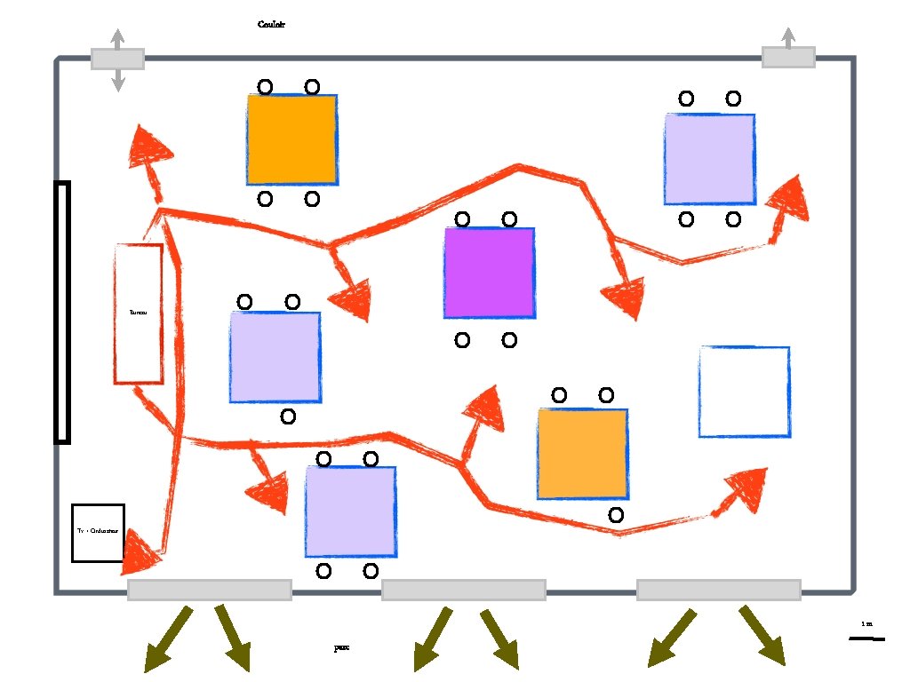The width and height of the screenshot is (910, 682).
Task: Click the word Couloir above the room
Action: (x=271, y=25)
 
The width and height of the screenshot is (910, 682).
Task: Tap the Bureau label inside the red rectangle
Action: (x=138, y=313)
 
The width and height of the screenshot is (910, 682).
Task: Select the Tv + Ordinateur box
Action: (x=98, y=533)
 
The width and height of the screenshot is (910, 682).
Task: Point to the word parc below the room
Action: (x=341, y=648)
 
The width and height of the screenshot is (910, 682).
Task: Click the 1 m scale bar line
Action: (x=866, y=638)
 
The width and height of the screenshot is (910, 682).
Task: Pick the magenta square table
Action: (x=490, y=273)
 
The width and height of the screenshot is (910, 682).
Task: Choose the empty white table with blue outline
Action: (x=744, y=392)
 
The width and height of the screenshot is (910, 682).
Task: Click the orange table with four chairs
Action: (x=292, y=139)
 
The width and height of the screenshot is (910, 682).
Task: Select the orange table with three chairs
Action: (x=582, y=454)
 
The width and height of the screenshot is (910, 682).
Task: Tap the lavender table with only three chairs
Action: (x=275, y=356)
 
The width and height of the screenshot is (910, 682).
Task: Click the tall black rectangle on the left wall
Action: (x=62, y=312)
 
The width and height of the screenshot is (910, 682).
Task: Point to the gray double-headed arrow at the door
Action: (x=117, y=59)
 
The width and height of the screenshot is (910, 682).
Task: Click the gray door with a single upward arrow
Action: (x=788, y=57)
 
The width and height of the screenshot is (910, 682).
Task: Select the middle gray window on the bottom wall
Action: (x=463, y=590)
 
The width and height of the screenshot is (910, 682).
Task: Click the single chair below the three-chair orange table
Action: (x=616, y=514)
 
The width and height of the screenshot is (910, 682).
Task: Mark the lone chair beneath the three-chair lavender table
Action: (x=287, y=416)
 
